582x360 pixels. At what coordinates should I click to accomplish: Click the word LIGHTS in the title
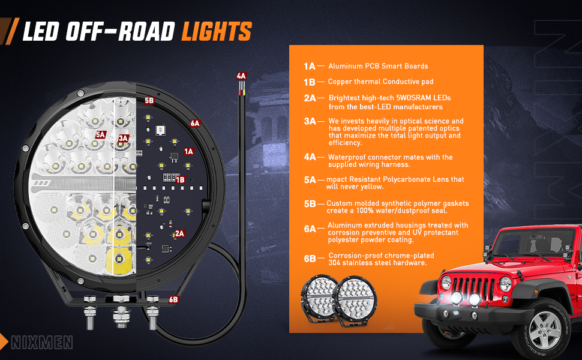217,31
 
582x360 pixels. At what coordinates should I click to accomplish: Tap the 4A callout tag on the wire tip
241,76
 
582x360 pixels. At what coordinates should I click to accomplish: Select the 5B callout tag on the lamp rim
149,101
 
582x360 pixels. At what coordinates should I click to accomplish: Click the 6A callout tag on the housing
195,124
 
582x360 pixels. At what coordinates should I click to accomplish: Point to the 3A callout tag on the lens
124,138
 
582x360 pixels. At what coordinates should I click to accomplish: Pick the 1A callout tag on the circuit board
189,152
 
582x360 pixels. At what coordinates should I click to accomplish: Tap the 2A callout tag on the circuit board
179,233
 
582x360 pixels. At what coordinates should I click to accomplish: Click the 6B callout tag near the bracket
174,299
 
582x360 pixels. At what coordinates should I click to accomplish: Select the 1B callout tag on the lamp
180,179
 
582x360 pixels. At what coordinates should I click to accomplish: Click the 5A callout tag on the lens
100,135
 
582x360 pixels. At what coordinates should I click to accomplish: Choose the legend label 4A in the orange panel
310,157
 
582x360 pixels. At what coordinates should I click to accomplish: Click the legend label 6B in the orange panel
310,259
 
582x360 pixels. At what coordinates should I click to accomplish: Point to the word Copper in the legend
340,81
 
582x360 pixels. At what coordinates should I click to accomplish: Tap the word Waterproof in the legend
349,157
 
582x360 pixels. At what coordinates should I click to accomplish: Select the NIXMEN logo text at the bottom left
41,343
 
